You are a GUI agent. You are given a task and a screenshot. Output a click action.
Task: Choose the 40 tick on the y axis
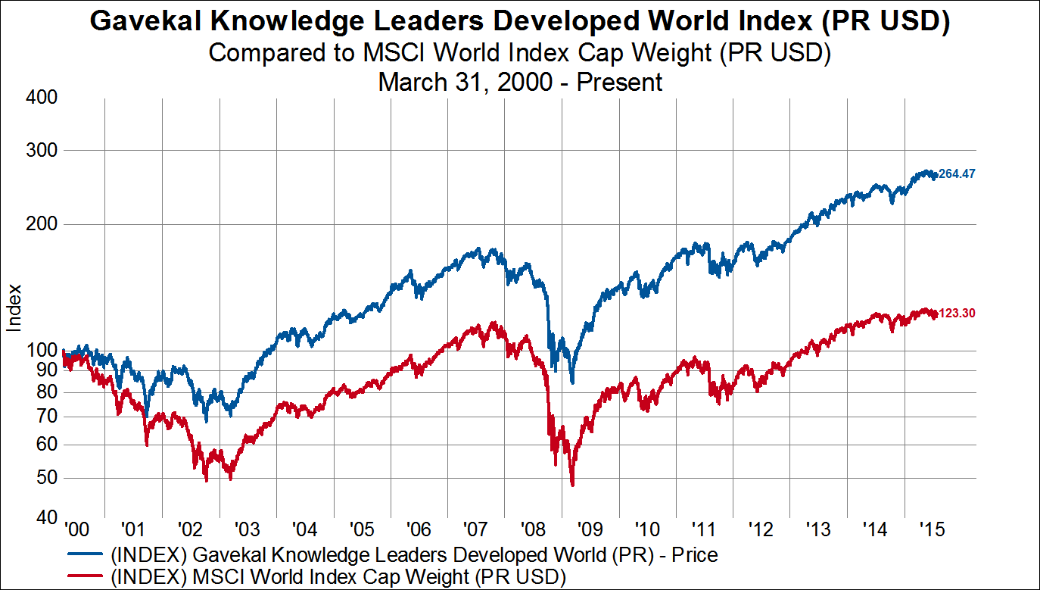tap(47, 518)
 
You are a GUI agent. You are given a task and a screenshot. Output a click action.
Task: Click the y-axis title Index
tap(14, 307)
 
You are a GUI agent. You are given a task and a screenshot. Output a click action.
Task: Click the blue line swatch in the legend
tap(85, 554)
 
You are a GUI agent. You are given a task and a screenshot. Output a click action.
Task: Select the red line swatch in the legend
tap(85, 577)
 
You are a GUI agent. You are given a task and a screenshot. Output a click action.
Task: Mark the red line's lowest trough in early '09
tap(572, 485)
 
